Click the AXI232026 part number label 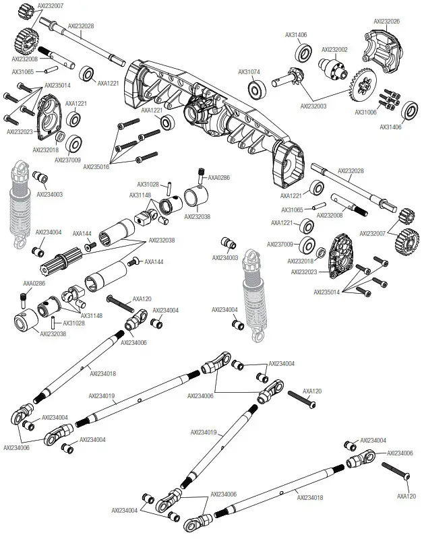(x=386, y=21)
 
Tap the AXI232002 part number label (x=334, y=49)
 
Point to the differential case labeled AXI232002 (x=334, y=69)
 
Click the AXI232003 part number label (x=313, y=106)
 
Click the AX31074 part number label (x=249, y=71)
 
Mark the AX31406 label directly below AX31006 (x=390, y=127)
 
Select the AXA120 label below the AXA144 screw (x=142, y=298)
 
